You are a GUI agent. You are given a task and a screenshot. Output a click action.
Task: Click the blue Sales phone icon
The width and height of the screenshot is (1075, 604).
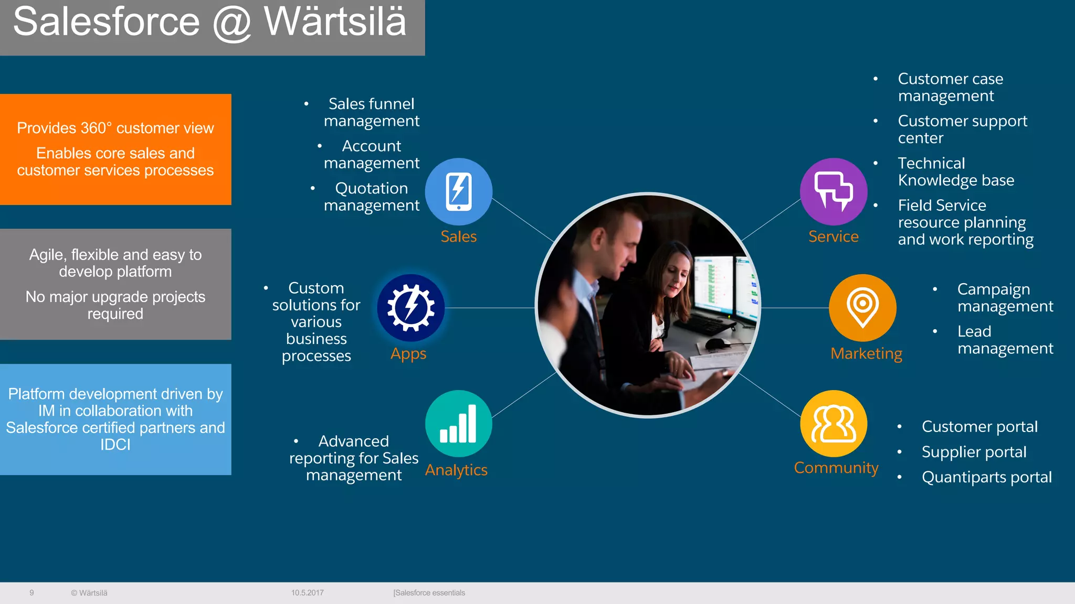(458, 191)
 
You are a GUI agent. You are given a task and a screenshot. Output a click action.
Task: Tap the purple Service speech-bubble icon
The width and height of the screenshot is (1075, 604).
(833, 191)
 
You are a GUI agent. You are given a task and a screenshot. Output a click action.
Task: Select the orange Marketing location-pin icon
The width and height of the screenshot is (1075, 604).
(862, 307)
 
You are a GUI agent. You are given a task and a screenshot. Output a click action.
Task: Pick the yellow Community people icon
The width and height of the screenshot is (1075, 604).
(834, 423)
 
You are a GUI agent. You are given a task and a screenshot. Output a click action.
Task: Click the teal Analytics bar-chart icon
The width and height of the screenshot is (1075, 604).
(458, 423)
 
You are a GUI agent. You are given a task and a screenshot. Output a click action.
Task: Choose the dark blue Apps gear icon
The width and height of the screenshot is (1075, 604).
(410, 307)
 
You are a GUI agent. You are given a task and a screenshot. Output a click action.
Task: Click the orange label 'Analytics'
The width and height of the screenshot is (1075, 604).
(456, 470)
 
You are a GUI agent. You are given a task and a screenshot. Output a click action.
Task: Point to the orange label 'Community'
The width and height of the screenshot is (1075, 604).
(836, 467)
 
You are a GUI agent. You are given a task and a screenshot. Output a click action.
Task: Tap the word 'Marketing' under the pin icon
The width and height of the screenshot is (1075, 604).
(866, 353)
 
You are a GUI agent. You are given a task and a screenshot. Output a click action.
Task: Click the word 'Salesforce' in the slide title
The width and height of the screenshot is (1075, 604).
(107, 22)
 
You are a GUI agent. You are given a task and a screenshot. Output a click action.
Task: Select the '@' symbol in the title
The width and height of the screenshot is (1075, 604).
(231, 23)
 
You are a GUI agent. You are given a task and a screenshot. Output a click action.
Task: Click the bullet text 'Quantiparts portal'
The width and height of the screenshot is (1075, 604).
(986, 477)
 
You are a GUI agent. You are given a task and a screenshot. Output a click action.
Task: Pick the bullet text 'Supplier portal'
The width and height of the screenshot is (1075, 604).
(974, 452)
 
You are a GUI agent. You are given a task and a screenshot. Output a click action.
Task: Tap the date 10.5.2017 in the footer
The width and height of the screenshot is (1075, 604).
(308, 593)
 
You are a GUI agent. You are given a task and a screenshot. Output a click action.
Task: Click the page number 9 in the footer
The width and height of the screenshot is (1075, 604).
(31, 593)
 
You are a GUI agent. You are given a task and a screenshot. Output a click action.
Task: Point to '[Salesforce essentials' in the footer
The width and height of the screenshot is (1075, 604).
(429, 593)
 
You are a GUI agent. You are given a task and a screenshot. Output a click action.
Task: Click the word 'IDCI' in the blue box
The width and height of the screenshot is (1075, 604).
(115, 445)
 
